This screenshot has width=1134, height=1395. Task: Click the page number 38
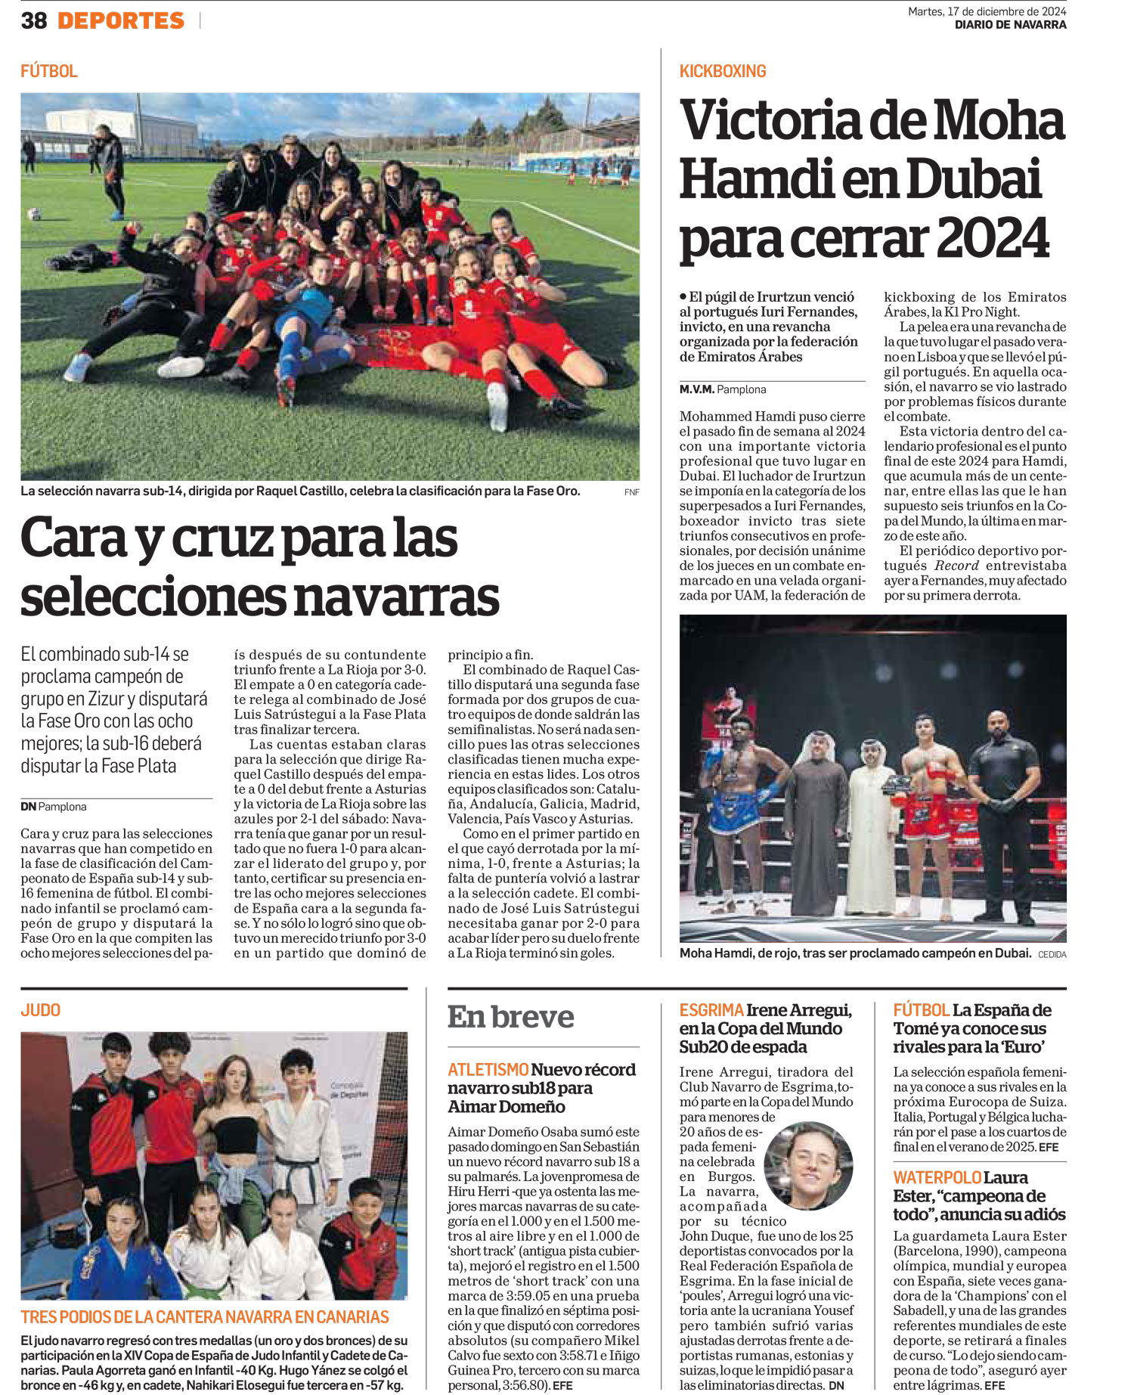click(34, 20)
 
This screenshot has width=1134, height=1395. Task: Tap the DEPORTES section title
click(121, 20)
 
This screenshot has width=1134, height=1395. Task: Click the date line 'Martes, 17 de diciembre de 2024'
click(987, 11)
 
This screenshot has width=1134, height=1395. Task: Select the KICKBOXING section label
click(723, 71)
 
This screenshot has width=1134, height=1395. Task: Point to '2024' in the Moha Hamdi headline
click(993, 239)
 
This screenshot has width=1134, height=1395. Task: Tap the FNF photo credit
click(631, 492)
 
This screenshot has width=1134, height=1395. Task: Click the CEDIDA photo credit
click(1052, 954)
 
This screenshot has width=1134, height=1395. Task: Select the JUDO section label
click(41, 1010)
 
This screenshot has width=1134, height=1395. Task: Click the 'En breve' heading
click(510, 1017)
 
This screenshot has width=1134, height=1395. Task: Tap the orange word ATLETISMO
click(488, 1070)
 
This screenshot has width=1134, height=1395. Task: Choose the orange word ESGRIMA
click(711, 1010)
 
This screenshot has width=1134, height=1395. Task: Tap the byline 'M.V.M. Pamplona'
click(722, 389)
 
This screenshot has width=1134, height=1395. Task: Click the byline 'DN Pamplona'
click(53, 807)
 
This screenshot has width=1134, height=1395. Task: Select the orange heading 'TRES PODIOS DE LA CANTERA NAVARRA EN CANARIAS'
click(205, 1317)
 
